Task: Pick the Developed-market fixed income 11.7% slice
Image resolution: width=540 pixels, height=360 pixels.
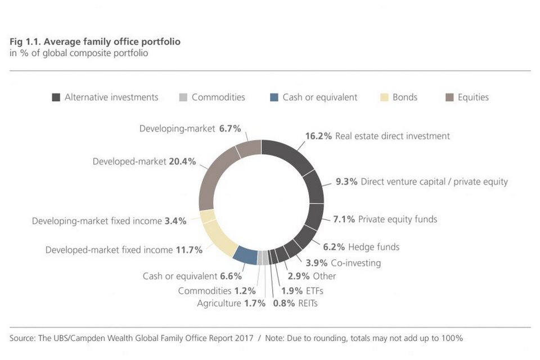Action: coord(219,239)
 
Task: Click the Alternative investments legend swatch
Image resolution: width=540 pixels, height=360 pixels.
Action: coord(56,97)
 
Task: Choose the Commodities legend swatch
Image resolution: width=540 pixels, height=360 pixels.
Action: coord(183,97)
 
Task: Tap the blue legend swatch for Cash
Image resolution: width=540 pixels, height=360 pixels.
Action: coord(274,97)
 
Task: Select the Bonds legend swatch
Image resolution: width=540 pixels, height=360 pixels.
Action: coord(384,97)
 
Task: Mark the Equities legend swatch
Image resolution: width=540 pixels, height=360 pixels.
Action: coord(449,97)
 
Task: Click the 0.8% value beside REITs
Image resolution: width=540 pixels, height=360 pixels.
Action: coord(283,304)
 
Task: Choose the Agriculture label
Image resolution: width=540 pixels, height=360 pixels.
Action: coord(219,304)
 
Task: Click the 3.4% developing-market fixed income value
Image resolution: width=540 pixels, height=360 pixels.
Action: coord(175,221)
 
